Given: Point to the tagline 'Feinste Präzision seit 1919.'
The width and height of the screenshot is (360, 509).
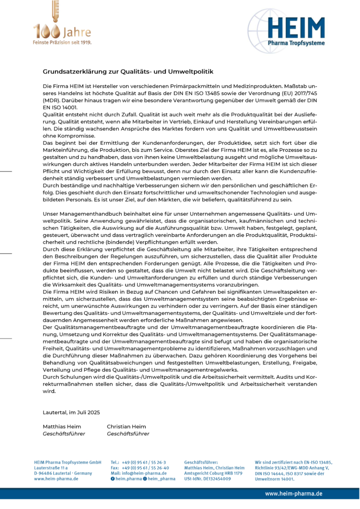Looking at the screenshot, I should click(62, 42).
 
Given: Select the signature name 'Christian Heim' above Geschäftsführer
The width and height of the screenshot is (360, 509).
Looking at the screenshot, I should click(127, 426).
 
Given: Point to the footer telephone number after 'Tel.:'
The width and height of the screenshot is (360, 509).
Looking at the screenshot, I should click(143, 462).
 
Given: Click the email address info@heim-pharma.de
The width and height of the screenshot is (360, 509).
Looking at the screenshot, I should click(146, 473).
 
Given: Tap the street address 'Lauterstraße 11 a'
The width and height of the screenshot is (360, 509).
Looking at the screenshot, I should click(51, 467).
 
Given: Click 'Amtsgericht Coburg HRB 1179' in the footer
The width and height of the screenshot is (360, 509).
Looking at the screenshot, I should click(213, 473).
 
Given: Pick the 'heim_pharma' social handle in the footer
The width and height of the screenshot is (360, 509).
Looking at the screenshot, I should click(162, 479).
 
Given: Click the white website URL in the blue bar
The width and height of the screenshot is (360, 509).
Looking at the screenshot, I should click(294, 494).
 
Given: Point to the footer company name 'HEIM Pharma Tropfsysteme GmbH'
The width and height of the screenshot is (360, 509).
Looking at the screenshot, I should click(68, 462).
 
